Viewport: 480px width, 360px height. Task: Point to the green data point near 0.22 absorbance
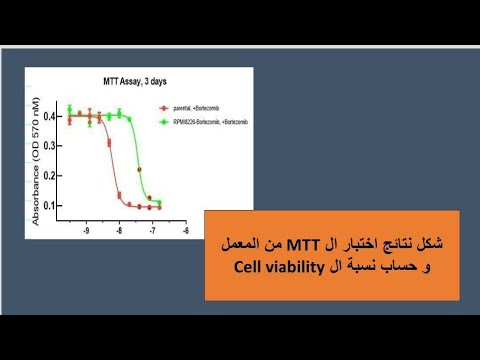coord(140,169)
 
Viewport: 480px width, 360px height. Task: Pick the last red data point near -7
coord(159,208)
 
